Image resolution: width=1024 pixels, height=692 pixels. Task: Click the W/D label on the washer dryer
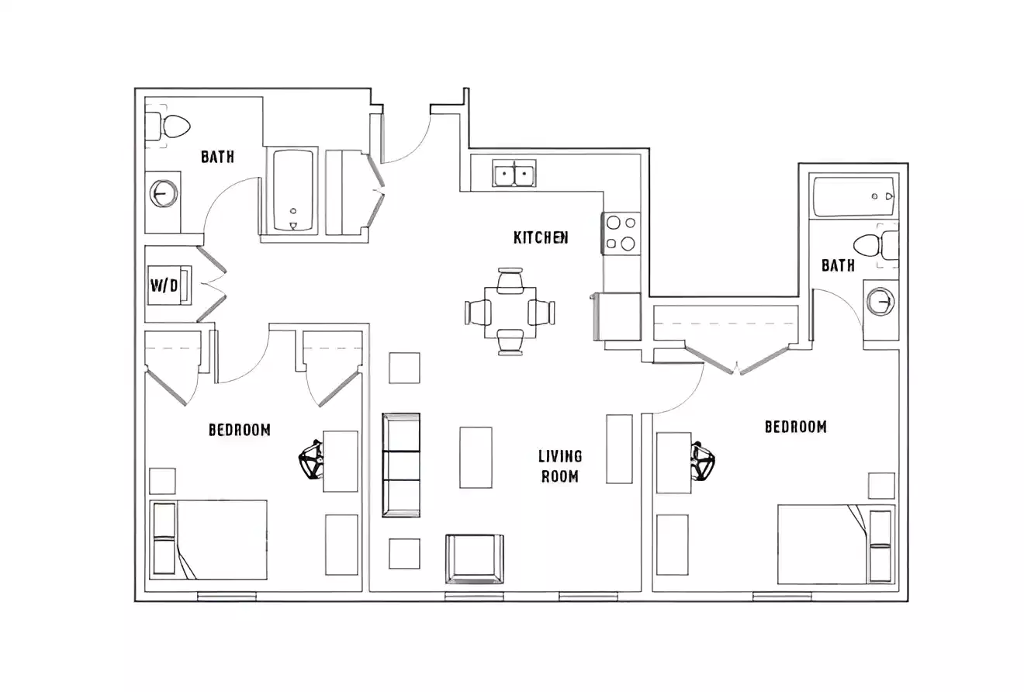click(164, 285)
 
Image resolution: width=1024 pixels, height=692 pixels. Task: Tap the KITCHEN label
click(541, 237)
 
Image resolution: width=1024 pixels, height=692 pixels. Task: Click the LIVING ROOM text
click(560, 465)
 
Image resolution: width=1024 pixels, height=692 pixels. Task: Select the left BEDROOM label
click(240, 429)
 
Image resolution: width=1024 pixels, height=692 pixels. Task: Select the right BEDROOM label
click(795, 426)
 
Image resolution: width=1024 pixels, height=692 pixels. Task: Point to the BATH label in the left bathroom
click(217, 157)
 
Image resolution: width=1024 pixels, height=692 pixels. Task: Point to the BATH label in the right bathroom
click(838, 265)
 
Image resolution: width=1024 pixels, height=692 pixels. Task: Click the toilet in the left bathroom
click(169, 126)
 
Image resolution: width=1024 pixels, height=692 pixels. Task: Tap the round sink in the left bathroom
click(163, 193)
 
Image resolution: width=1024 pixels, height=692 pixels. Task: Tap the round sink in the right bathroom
click(880, 301)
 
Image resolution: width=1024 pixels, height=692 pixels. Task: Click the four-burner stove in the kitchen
click(621, 234)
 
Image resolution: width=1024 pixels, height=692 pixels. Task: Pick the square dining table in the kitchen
click(510, 312)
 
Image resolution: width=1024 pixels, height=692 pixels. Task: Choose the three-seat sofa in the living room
click(401, 465)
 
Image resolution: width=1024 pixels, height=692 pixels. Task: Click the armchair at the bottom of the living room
click(474, 559)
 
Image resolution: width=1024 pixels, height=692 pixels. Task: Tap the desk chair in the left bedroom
click(311, 460)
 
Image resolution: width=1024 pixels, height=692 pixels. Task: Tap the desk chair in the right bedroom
click(704, 461)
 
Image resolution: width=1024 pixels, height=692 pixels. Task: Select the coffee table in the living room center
click(476, 457)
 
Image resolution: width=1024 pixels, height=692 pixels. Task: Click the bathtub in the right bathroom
click(852, 197)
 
